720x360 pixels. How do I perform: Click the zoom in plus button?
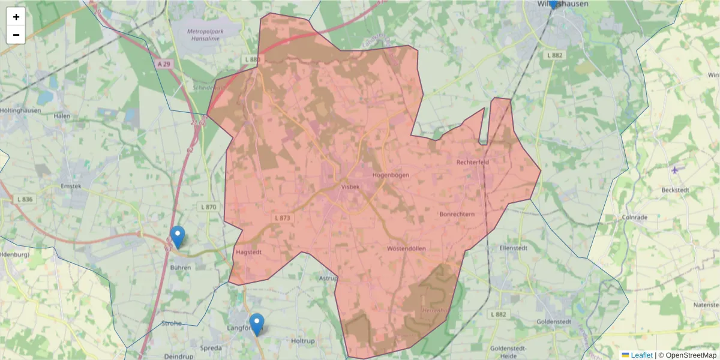click(x=16, y=17)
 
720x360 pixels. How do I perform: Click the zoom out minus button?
click(x=16, y=35)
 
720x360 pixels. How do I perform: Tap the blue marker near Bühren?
click(x=178, y=236)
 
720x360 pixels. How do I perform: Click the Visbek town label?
click(x=350, y=187)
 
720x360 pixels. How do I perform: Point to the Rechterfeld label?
click(x=474, y=162)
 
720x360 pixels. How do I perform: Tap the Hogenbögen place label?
click(x=390, y=175)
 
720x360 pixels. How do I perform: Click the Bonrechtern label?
click(x=457, y=214)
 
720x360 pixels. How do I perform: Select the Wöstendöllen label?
click(x=406, y=248)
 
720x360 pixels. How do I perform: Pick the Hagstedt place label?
click(x=250, y=253)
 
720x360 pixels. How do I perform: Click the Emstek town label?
click(x=71, y=186)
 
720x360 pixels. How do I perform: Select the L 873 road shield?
click(x=282, y=218)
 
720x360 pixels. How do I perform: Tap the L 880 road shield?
click(x=253, y=59)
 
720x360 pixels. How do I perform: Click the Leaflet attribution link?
click(x=641, y=355)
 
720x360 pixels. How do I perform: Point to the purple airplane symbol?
click(x=675, y=170)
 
